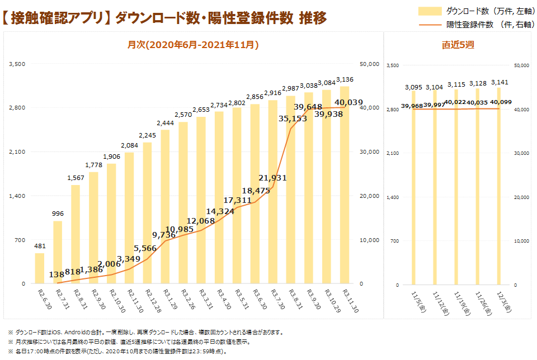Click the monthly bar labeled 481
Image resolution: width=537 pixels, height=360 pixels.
[40, 268]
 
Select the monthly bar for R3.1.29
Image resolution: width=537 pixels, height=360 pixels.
[165, 207]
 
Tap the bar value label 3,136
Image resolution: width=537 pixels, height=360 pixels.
[344, 80]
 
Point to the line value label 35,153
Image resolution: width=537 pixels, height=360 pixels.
[293, 118]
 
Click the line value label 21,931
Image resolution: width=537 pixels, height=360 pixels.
[272, 178]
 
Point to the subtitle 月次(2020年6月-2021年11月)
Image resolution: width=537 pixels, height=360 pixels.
[193, 45]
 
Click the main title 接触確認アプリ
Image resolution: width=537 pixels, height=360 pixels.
[56, 18]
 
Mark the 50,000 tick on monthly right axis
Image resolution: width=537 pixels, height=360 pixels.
[369, 64]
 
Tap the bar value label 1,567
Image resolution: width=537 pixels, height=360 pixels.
[76, 178]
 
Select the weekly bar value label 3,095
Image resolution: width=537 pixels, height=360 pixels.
[413, 87]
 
